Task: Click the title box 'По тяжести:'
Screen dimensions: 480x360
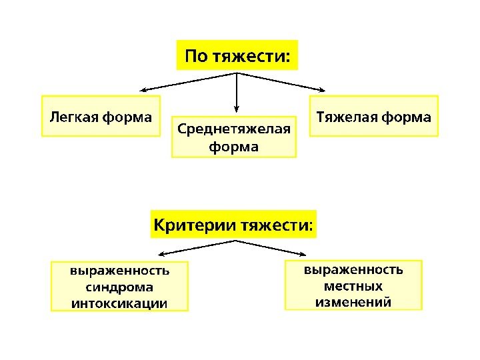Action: pyautogui.click(x=237, y=55)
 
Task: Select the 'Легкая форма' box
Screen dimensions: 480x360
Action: pyautogui.click(x=101, y=117)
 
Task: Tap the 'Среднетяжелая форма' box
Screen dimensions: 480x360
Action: pyautogui.click(x=234, y=137)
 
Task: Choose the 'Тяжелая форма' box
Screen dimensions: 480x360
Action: pyautogui.click(x=373, y=117)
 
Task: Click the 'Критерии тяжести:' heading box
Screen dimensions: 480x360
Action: pyautogui.click(x=233, y=223)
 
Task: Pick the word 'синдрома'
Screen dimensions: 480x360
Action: pyautogui.click(x=119, y=287)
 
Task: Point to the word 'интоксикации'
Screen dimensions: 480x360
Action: pyautogui.click(x=119, y=303)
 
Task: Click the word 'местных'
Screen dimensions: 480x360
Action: pyautogui.click(x=353, y=286)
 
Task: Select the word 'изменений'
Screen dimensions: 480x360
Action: pyautogui.click(x=353, y=302)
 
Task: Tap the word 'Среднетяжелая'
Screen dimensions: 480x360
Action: pyautogui.click(x=234, y=128)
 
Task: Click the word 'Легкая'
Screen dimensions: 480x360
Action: pyautogui.click(x=73, y=117)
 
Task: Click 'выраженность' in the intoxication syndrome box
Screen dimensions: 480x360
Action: pyautogui.click(x=119, y=271)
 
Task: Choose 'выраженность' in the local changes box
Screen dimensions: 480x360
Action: pyautogui.click(x=353, y=270)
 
